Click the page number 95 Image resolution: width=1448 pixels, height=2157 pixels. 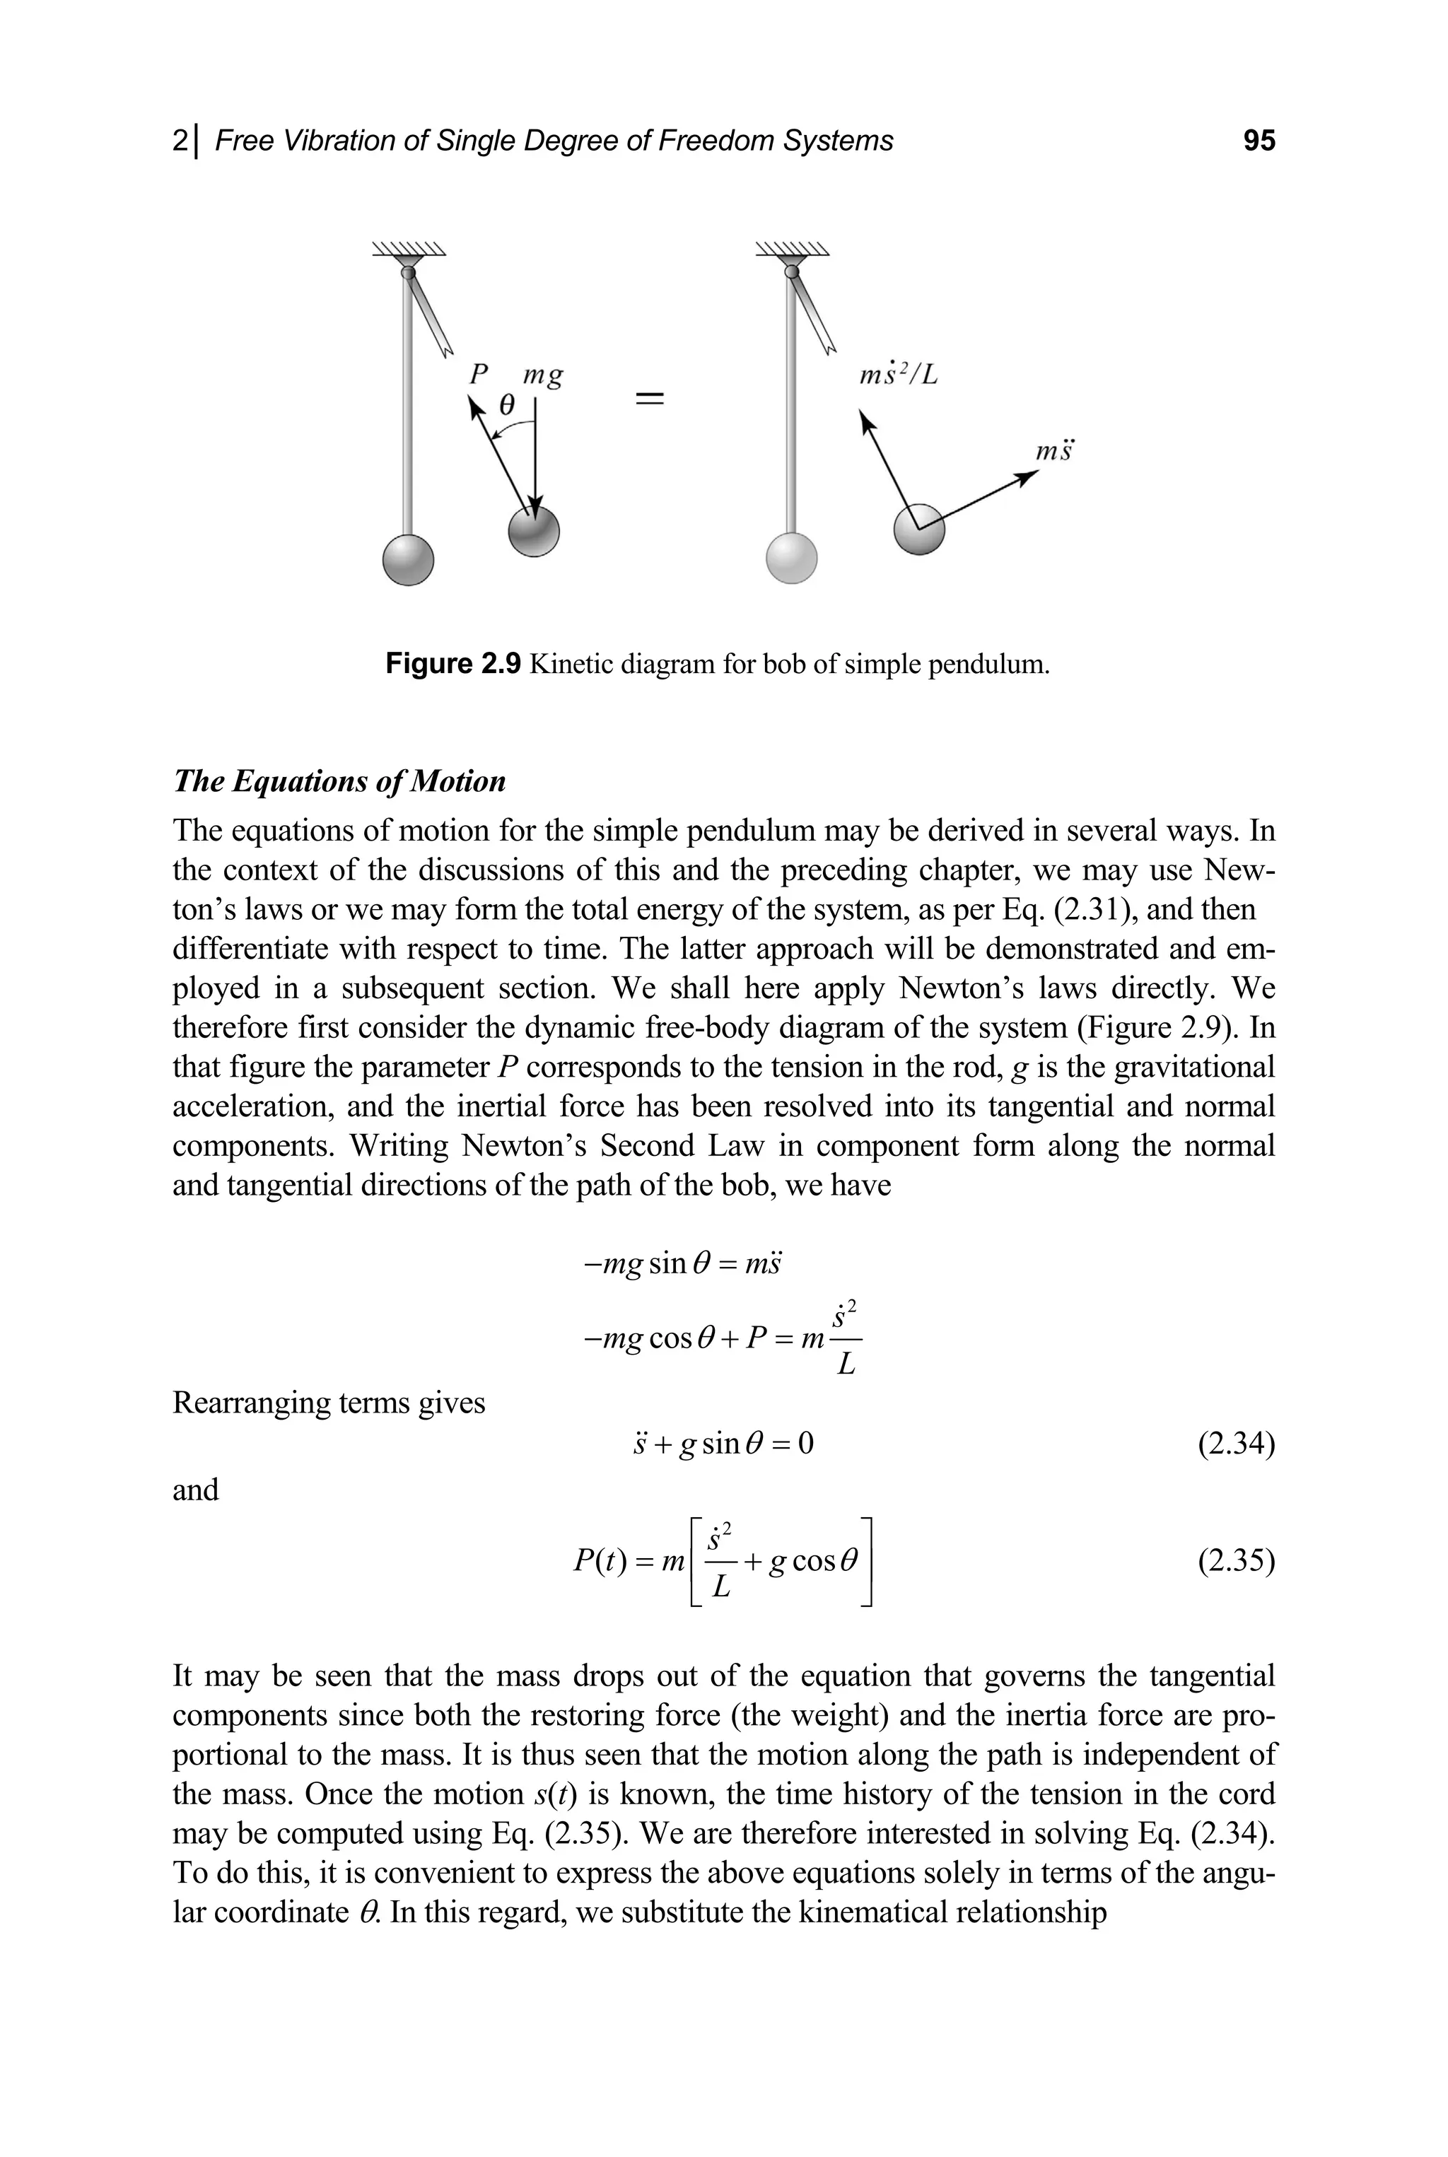pos(1259,141)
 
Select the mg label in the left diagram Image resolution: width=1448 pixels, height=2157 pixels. pos(543,376)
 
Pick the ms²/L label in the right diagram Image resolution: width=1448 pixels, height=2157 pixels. pos(898,374)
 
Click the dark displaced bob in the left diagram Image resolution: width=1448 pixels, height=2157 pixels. pos(535,532)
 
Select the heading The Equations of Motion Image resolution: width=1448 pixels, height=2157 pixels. pos(339,781)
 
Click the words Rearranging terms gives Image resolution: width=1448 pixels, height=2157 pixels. pos(329,1403)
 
